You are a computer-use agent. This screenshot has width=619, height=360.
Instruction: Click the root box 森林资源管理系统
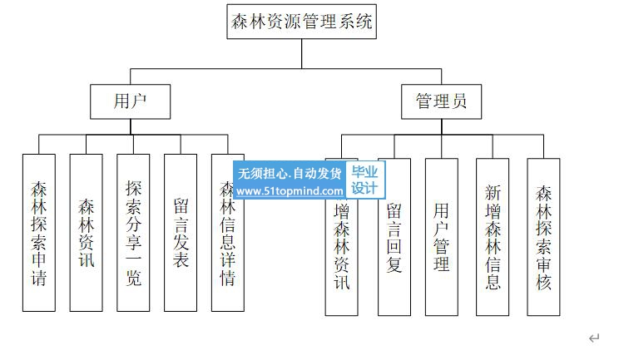tap(302, 22)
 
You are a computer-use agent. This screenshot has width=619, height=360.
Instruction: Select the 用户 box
tap(131, 101)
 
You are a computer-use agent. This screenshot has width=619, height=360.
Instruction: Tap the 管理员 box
tap(441, 101)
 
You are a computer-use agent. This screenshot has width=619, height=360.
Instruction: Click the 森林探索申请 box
tap(39, 233)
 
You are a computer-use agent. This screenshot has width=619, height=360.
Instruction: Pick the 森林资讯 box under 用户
tap(86, 233)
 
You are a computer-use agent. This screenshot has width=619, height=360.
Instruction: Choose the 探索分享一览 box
tap(133, 233)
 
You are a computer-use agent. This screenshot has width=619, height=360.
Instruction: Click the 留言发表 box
tap(181, 233)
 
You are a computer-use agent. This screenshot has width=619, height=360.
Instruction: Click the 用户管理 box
tap(442, 237)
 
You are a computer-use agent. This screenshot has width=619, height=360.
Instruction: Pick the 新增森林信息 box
tap(493, 237)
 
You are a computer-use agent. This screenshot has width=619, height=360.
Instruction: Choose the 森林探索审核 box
tap(544, 237)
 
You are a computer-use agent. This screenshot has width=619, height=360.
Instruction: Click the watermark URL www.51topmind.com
tap(290, 191)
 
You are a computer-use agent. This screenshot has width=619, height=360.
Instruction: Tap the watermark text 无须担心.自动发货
tap(290, 174)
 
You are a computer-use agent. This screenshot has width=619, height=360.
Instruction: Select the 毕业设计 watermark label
tap(364, 180)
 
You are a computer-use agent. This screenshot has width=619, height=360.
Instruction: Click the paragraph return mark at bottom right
tap(594, 338)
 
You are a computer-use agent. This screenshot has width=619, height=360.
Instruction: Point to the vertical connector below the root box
tap(302, 52)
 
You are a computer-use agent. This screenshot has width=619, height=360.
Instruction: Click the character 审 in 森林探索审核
tap(544, 264)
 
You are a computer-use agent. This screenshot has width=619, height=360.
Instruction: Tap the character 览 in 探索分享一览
tap(133, 276)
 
